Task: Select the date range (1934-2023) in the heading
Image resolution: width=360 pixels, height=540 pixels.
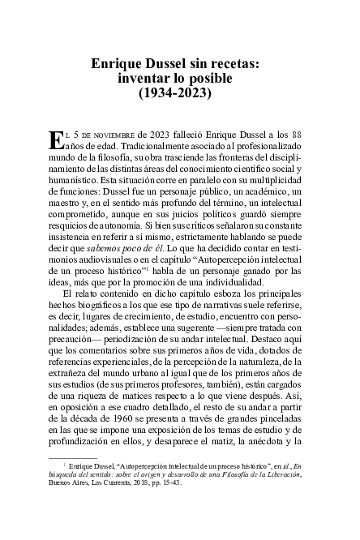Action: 180,93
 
